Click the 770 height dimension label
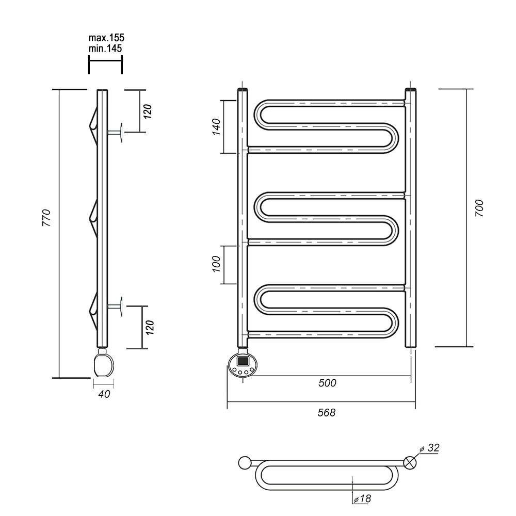pyautogui.click(x=46, y=219)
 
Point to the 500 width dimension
pyautogui.click(x=327, y=383)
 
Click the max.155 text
pyautogui.click(x=107, y=38)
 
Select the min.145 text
pyautogui.click(x=106, y=48)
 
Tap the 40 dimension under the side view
pyautogui.click(x=103, y=394)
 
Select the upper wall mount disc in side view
pyautogui.click(x=121, y=132)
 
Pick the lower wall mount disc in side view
pyautogui.click(x=121, y=307)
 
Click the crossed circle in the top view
pyautogui.click(x=411, y=462)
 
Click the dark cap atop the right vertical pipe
pyautogui.click(x=411, y=91)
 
